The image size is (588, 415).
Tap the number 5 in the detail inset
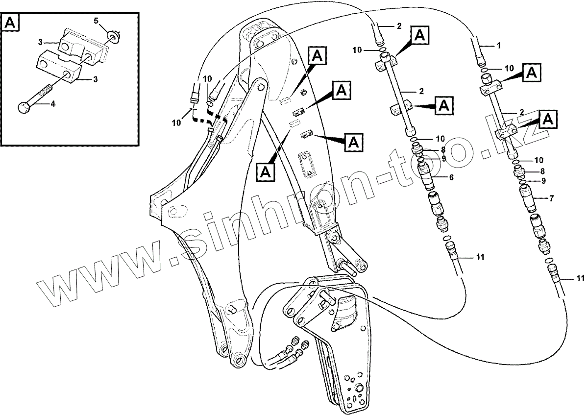point(96,21)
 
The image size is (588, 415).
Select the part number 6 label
point(451,177)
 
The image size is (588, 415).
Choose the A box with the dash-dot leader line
point(266,171)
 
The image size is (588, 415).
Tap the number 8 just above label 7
point(542,171)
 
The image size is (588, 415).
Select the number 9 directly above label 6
point(443,158)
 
